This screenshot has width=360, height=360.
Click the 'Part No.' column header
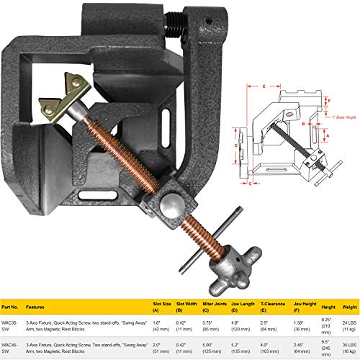pyautogui.click(x=12, y=305)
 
